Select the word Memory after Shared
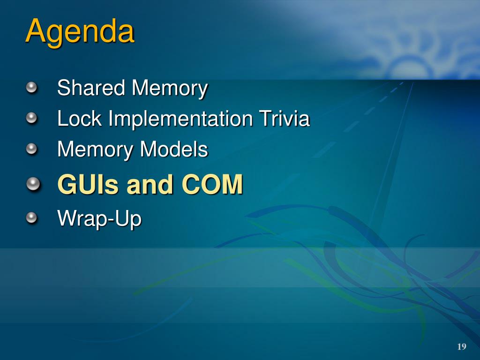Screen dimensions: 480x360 click(x=170, y=89)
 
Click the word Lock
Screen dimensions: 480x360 click(x=79, y=118)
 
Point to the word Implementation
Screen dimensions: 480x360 click(x=180, y=119)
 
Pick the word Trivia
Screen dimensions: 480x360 click(x=285, y=118)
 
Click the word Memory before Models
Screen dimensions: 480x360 click(x=95, y=150)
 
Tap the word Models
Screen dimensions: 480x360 click(x=174, y=149)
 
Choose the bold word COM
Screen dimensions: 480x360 click(x=212, y=184)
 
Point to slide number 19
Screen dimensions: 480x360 click(x=462, y=346)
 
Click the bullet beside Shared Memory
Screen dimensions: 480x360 click(x=31, y=88)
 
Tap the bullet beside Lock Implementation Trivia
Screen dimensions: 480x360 click(x=31, y=118)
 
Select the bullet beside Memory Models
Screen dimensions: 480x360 click(x=31, y=149)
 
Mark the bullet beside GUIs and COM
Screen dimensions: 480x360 click(x=33, y=184)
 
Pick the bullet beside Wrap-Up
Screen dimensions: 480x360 click(x=31, y=217)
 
